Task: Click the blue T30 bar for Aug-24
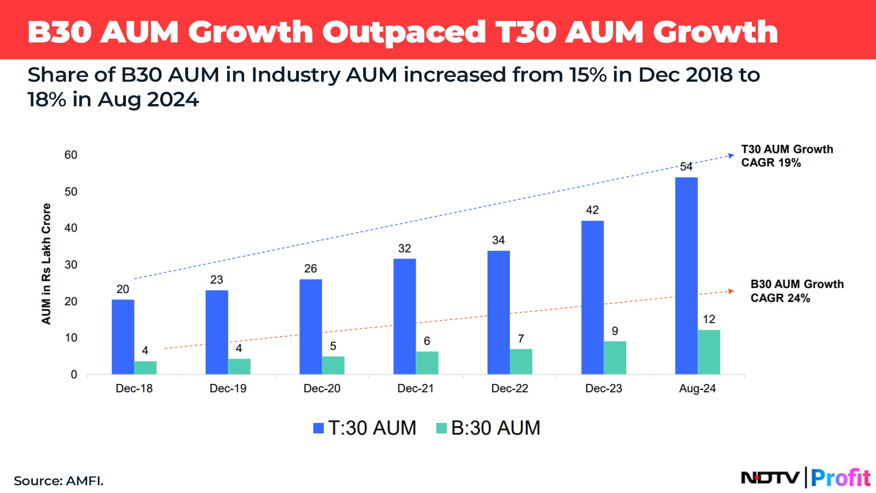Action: click(686, 276)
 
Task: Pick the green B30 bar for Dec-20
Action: click(333, 365)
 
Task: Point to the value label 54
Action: click(686, 167)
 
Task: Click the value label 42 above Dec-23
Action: click(592, 210)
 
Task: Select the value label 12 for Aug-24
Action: click(709, 320)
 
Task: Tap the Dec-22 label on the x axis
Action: click(509, 388)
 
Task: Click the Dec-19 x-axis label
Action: click(228, 388)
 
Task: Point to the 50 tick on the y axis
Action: click(71, 192)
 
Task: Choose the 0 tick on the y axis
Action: click(74, 375)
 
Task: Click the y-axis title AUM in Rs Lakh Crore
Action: click(46, 264)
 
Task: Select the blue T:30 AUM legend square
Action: click(318, 428)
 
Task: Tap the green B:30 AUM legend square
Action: click(441, 428)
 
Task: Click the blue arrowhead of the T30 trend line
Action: click(731, 156)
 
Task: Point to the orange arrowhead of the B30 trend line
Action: click(731, 291)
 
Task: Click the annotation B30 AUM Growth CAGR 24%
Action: click(797, 291)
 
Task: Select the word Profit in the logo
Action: click(840, 478)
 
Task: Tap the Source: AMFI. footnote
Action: click(58, 481)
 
